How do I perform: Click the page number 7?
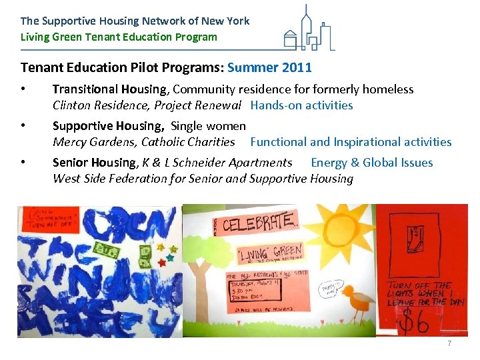click(x=449, y=343)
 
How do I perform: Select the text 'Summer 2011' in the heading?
click(x=269, y=67)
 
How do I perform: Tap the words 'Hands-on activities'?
click(x=301, y=105)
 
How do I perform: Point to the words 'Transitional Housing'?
click(x=109, y=89)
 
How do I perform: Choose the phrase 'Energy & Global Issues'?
click(x=372, y=163)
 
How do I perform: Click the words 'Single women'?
click(x=208, y=126)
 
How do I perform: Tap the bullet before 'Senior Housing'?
click(x=23, y=163)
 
